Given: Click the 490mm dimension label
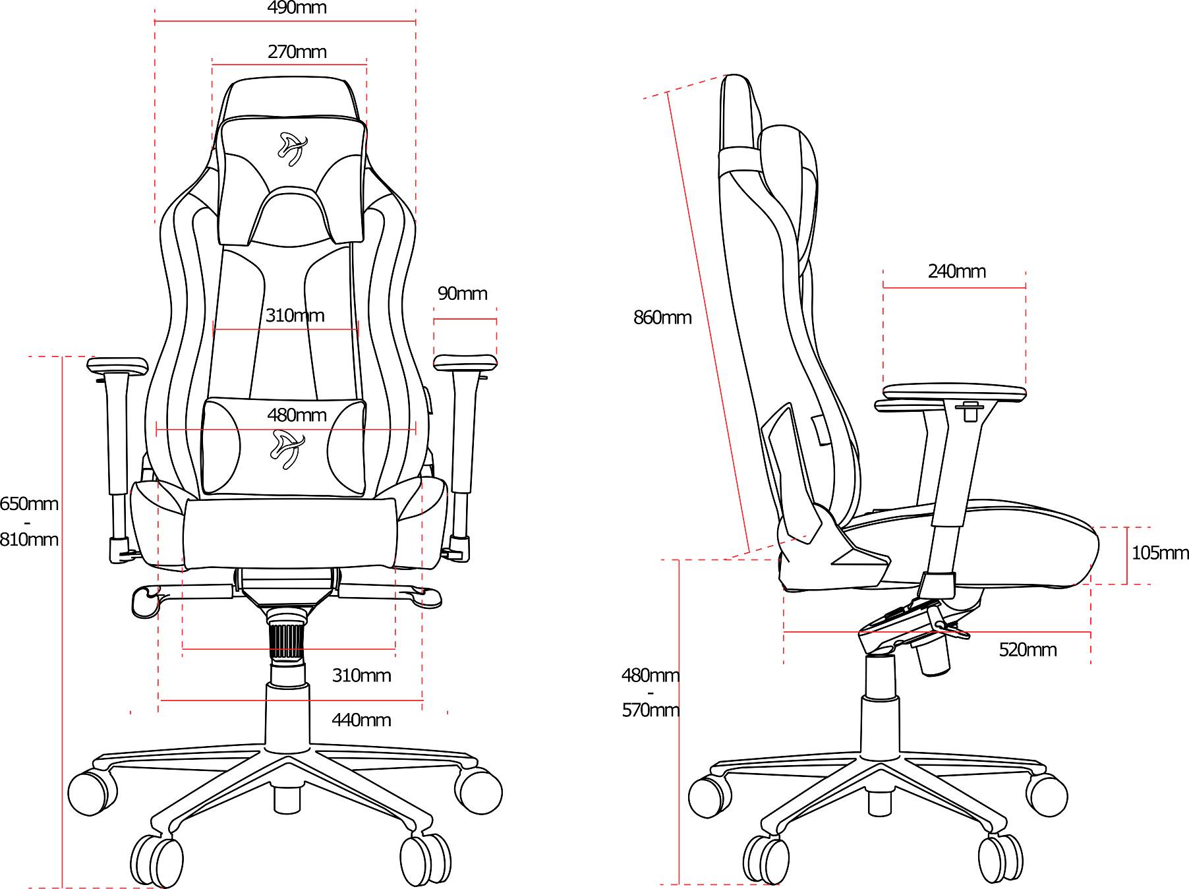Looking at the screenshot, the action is pos(297,8).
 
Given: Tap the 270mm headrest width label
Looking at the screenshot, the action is pos(297,52).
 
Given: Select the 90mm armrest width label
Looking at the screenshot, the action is pos(463,294).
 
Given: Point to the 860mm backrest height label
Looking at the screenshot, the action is pos(662,318).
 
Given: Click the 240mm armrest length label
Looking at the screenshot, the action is pos(956,272).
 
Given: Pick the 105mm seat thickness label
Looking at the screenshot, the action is pos(1160,553).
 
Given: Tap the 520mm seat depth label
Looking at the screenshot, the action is pos(1028,650).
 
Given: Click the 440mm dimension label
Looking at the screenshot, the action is pos(361,720).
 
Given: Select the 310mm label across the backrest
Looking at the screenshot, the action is pos(295,316).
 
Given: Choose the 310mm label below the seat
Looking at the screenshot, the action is pos(361,675).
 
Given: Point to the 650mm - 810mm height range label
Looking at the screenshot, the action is pos(29,522).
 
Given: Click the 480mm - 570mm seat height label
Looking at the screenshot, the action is pos(651,693).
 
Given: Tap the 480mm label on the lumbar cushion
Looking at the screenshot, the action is pos(297,415).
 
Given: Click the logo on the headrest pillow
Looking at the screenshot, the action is pos(293,149).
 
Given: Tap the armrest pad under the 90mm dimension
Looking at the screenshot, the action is pos(465,363).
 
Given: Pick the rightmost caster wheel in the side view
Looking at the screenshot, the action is pos(1048,796).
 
